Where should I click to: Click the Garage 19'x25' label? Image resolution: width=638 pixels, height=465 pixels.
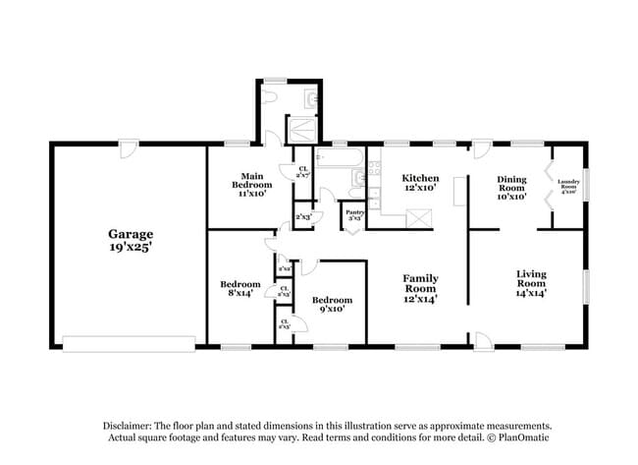[x=130, y=240]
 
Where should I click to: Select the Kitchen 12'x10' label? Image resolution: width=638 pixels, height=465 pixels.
[x=420, y=182]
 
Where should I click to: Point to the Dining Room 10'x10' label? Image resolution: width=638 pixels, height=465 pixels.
[x=510, y=187]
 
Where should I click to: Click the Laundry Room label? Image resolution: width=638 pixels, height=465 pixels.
[x=568, y=186]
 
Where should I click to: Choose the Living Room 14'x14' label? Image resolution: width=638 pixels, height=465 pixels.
[x=531, y=282]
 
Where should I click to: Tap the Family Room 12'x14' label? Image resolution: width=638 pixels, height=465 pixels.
[x=420, y=287]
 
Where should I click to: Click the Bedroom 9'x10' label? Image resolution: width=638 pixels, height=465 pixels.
[x=332, y=305]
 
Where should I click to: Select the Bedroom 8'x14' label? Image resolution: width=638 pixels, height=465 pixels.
[x=239, y=289]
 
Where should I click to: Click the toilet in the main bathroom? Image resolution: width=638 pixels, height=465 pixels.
[x=310, y=98]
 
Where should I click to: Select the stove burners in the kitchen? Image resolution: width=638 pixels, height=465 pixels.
[x=374, y=171]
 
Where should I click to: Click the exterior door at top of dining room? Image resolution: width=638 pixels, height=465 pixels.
[x=481, y=150]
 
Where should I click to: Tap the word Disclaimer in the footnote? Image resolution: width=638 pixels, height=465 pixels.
[x=131, y=425]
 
